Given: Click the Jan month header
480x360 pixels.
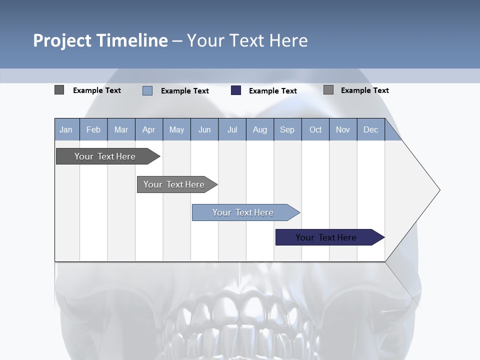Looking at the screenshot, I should point(66,129).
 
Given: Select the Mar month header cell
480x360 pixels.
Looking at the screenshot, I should point(121,129).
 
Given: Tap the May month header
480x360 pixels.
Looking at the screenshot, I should point(176,129).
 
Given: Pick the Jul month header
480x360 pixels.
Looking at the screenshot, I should point(232,129).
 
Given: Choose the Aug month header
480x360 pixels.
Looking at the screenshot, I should point(259,129).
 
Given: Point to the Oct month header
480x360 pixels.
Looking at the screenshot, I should point(315,129).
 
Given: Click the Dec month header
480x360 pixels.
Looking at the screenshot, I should point(370,129).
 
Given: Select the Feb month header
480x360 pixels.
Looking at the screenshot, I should point(93,129).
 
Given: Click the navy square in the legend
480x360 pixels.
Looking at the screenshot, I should point(236,90).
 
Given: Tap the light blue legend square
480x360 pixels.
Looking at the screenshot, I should point(147,90).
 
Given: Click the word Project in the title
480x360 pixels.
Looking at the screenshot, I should point(62,40).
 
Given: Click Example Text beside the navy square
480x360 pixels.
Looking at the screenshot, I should point(272,91).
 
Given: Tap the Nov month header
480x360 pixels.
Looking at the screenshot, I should point(343,129).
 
